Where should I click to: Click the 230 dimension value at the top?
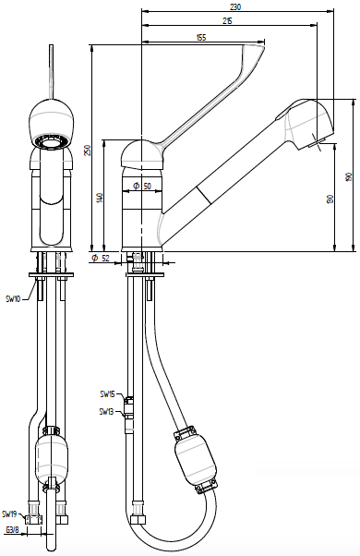tap(235, 6)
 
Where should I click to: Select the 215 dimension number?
tap(227, 21)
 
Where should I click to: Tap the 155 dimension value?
tap(200, 37)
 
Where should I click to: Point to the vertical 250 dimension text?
tap(89, 150)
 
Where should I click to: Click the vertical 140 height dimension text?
tap(101, 198)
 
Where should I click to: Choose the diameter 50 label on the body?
tap(142, 186)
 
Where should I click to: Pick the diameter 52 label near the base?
tap(101, 259)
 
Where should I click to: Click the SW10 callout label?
tap(13, 298)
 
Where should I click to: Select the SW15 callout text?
tap(107, 394)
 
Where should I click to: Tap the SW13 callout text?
tap(107, 411)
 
